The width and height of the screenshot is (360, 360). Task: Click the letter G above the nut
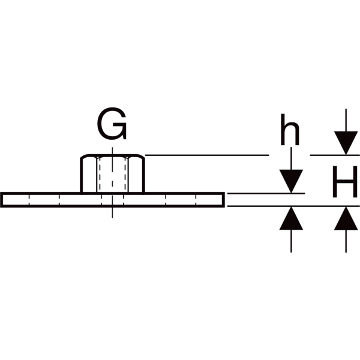pos(112,124)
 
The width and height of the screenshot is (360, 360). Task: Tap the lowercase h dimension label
pos(290,130)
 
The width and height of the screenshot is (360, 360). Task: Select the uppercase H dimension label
pos(345,182)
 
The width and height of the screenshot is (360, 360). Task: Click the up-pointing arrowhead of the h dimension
pos(291,218)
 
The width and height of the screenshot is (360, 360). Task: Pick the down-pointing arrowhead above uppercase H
pos(346,143)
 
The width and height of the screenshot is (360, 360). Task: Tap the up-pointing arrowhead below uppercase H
pos(346,218)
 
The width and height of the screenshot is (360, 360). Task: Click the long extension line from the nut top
pos(207,155)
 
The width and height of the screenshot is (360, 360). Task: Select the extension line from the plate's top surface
pos(266,194)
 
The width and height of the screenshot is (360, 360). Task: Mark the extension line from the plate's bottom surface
pos(293,206)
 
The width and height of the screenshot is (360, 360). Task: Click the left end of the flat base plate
pos(1,200)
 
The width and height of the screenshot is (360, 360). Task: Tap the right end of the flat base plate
pos(223,200)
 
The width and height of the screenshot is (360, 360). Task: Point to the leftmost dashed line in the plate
pos(29,200)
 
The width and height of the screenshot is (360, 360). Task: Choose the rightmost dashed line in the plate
pos(196,200)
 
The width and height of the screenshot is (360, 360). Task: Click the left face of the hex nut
pos(89,175)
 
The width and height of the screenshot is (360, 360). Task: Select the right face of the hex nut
pos(136,175)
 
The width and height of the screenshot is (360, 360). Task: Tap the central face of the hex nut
pos(112,175)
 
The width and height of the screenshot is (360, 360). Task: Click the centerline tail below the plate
pos(112,212)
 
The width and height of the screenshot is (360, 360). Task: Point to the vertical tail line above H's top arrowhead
pos(346,120)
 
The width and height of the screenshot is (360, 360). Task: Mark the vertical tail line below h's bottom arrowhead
pos(291,241)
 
